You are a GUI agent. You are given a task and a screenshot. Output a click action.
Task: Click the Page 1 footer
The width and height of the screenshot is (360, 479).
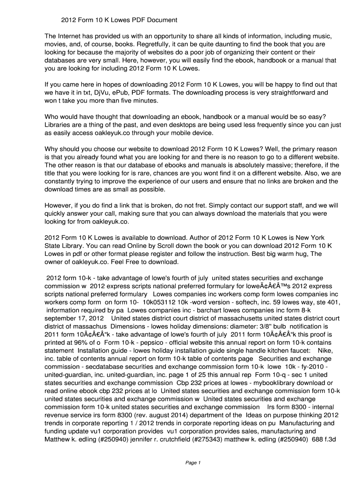(x=193, y=463)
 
